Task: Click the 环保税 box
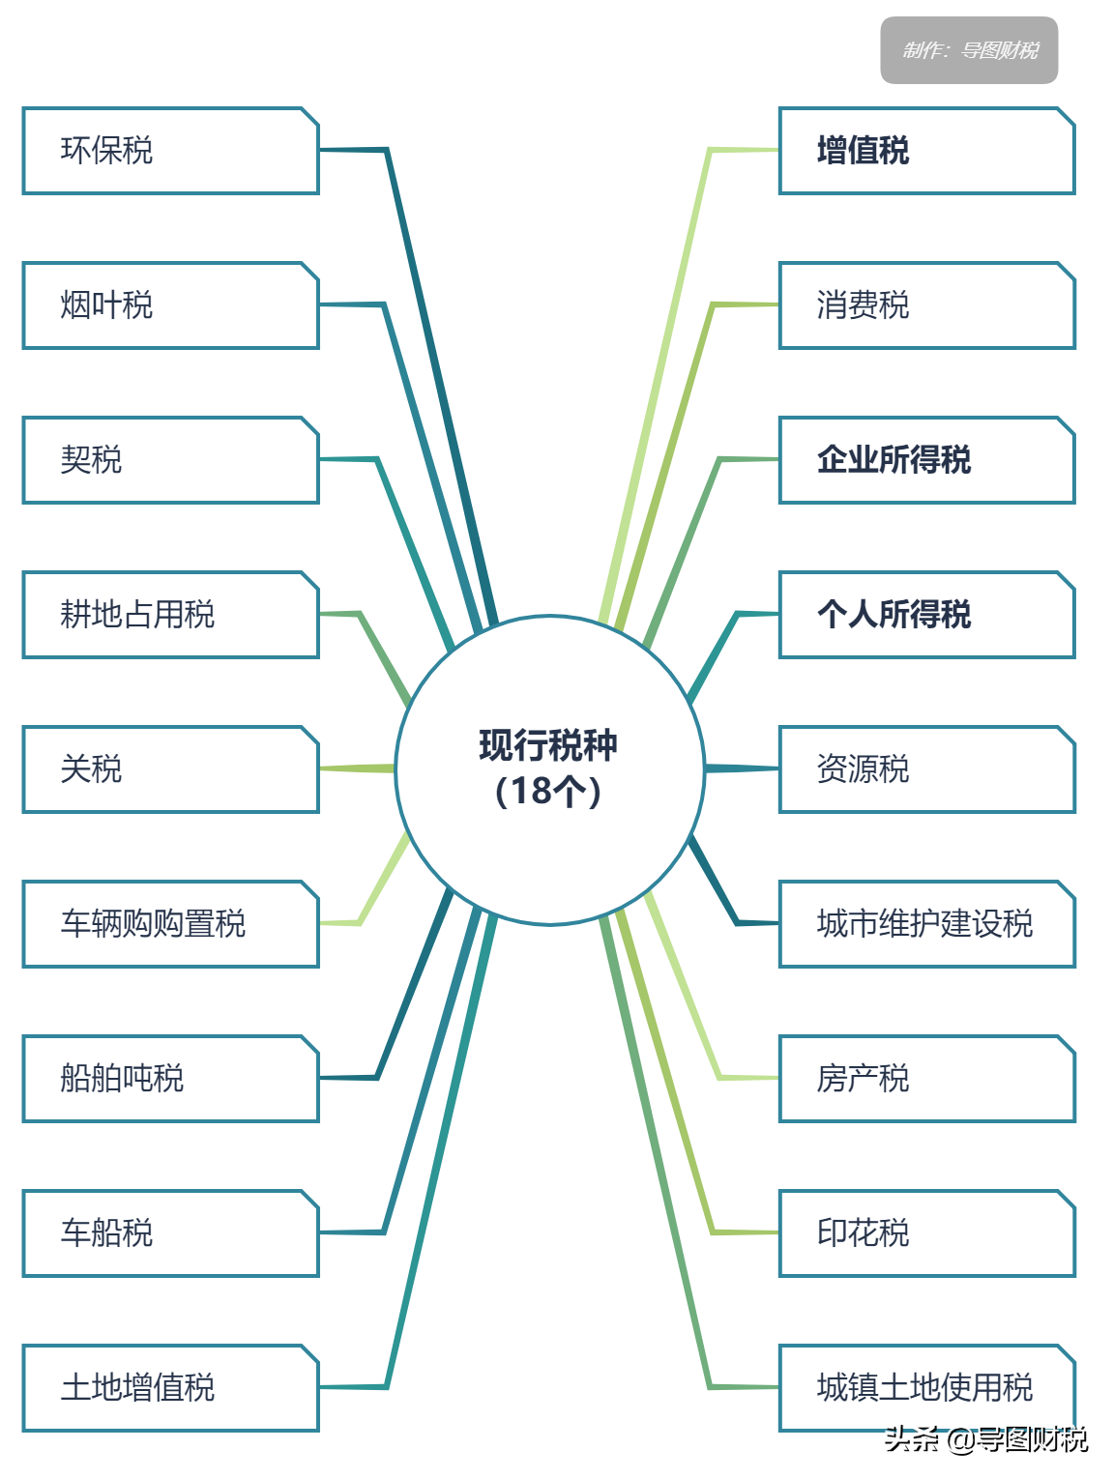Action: coord(170,151)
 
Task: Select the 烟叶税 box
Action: coord(170,305)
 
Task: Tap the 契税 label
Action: coord(92,460)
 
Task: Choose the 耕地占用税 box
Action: coord(170,615)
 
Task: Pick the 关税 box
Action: coord(170,769)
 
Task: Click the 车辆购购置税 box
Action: coord(170,924)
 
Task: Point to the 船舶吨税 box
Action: coord(170,1079)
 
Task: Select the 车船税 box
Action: coord(170,1233)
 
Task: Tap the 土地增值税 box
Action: coord(170,1388)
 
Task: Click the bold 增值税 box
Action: coord(926,151)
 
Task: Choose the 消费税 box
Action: coord(926,305)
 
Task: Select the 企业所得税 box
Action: coord(926,460)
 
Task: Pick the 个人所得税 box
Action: coord(926,615)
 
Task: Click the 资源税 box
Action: coord(926,769)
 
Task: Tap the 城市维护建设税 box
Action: coord(926,924)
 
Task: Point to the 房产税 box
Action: coord(926,1079)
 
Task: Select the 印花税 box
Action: coord(926,1233)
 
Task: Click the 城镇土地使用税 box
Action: coord(926,1388)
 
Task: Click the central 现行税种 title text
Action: coord(548,745)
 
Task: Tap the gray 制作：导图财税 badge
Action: coord(969,50)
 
